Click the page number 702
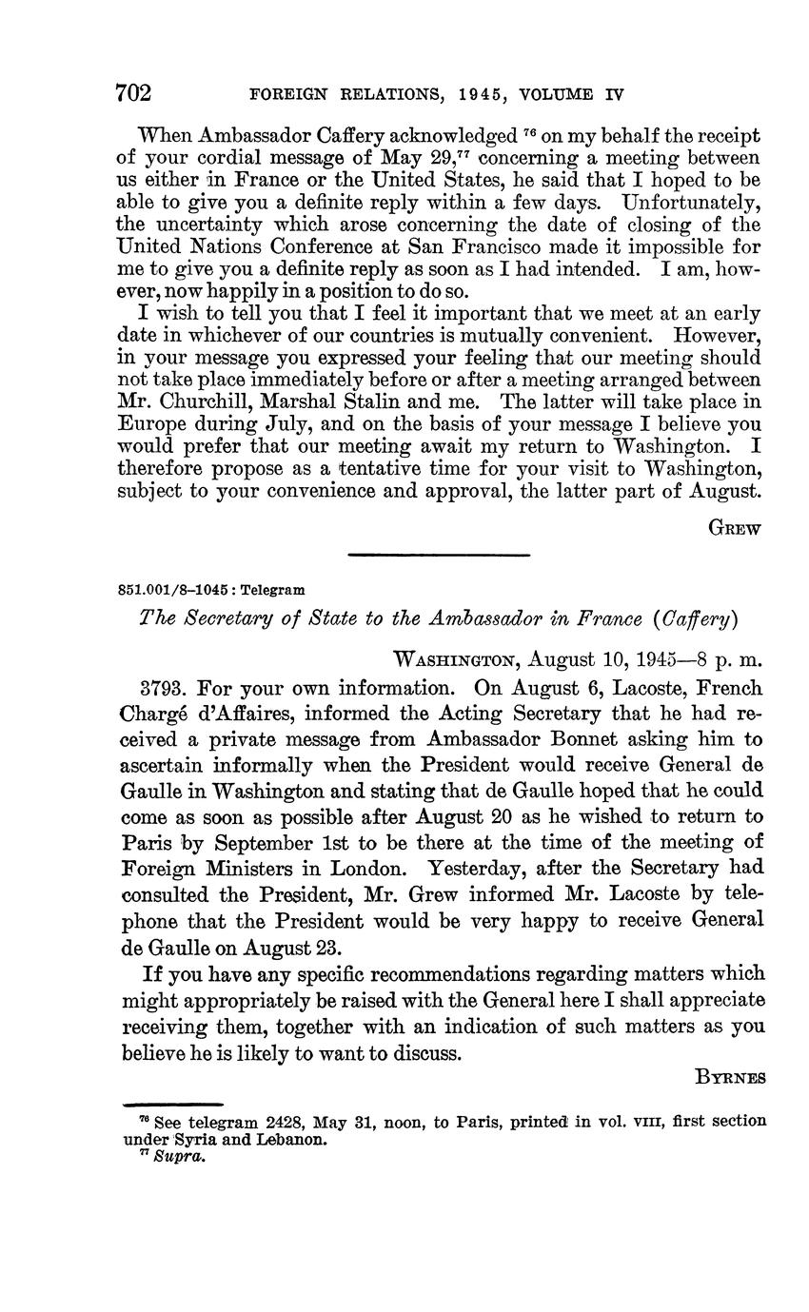click(x=133, y=92)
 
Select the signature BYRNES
click(x=730, y=1078)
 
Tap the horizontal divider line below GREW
click(x=438, y=555)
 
